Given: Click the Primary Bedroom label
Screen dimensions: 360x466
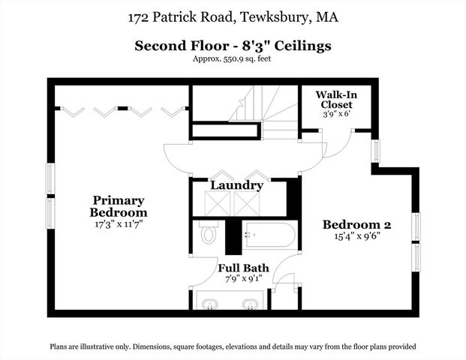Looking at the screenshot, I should [x=118, y=205].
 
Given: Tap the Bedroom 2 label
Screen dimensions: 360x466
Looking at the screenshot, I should [x=357, y=224].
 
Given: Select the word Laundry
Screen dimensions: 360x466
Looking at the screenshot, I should [x=236, y=185].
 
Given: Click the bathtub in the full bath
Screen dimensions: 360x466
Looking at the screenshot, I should [x=269, y=235].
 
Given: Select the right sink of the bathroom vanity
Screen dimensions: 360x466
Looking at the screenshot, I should [x=250, y=304].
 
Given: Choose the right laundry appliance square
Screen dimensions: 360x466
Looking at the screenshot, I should [x=245, y=203].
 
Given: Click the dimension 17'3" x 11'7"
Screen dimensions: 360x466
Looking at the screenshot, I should [x=118, y=223].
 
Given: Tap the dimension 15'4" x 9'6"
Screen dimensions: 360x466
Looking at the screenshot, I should [x=357, y=236].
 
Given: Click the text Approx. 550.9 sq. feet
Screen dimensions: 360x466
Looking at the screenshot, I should [x=233, y=58].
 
